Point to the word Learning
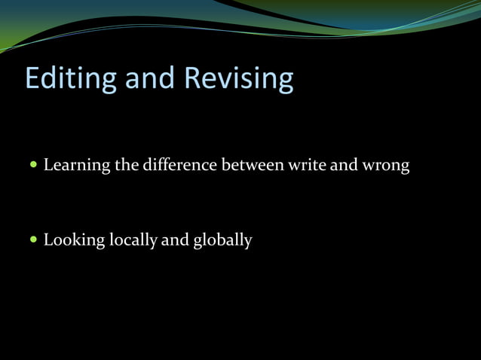click(77, 165)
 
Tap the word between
click(252, 164)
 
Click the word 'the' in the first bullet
click(126, 164)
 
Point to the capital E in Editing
click(33, 79)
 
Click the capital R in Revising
click(193, 79)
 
